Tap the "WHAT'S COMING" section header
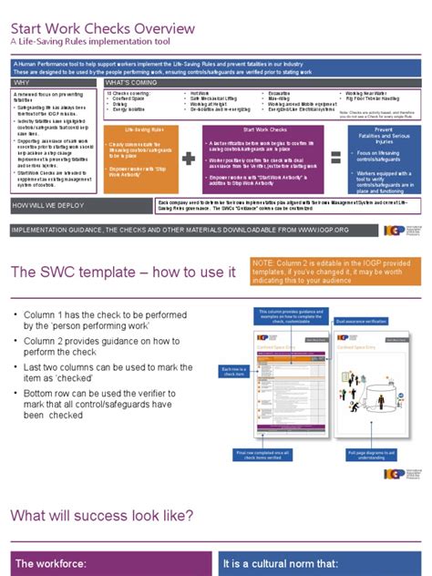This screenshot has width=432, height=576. coord(132,82)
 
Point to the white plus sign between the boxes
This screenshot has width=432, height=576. coord(189,158)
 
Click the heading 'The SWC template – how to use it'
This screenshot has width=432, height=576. coord(124,273)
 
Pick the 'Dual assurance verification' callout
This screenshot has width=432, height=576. coord(362,322)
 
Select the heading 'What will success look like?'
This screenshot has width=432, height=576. coord(102,516)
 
